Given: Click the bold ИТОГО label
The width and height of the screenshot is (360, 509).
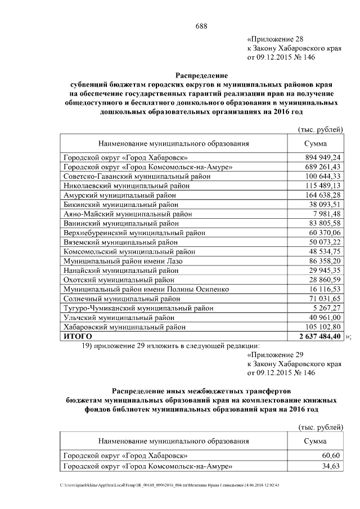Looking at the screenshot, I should point(78,336).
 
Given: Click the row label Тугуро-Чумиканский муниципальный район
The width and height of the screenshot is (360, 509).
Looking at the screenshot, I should point(138,308).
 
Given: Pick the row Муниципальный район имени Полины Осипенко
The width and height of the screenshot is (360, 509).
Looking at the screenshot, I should point(146,289).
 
